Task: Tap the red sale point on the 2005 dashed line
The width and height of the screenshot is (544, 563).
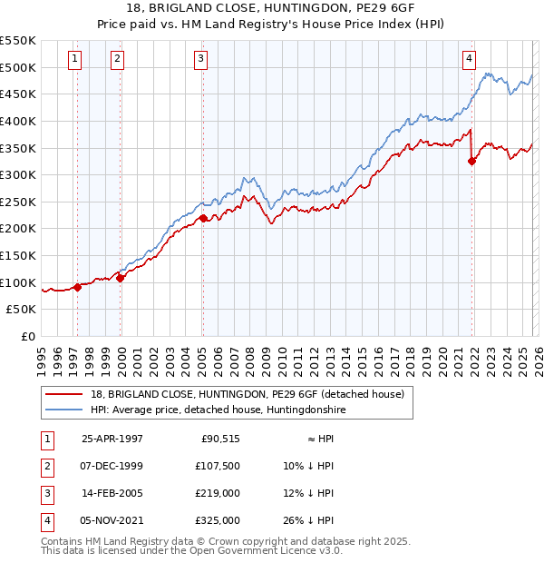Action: [x=203, y=218]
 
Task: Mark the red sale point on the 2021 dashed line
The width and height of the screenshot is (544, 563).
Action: [x=472, y=162]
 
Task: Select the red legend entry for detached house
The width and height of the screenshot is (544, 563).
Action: [x=252, y=394]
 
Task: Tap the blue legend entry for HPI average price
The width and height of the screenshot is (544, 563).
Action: [x=219, y=410]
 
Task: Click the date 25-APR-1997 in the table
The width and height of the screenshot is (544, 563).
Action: [x=112, y=439]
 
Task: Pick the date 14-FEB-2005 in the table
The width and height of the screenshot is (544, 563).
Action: [x=112, y=493]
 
